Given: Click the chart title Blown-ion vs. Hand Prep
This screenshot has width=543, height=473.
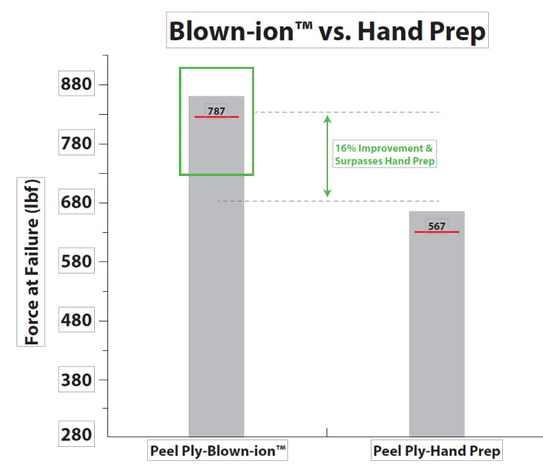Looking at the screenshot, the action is click(x=327, y=31).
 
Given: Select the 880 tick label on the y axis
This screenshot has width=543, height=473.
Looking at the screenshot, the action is click(x=76, y=83).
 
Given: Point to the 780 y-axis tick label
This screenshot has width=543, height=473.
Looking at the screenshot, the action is click(x=76, y=143).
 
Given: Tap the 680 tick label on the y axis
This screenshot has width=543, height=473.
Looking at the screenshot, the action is click(x=76, y=201).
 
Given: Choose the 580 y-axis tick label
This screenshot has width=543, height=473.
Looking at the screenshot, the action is click(x=76, y=261).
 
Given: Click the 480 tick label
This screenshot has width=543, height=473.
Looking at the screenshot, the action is click(x=76, y=320).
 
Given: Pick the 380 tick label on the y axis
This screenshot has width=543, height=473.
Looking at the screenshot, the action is click(x=76, y=380).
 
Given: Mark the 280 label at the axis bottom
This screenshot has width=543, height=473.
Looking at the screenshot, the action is click(x=76, y=434).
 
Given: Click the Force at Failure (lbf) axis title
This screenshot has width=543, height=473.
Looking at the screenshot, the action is click(x=31, y=262).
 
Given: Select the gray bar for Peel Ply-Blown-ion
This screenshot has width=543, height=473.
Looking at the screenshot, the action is click(x=217, y=266).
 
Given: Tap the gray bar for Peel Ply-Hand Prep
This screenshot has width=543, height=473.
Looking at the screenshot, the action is click(x=437, y=323).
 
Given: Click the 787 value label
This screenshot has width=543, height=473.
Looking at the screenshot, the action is click(x=217, y=111).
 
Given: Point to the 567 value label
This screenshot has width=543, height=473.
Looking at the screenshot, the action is click(x=437, y=226).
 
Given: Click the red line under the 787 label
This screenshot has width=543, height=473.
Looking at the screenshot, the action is click(x=217, y=117).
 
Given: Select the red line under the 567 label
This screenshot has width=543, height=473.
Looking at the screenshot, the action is click(x=437, y=231).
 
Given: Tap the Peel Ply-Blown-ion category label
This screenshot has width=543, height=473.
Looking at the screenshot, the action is click(x=218, y=451).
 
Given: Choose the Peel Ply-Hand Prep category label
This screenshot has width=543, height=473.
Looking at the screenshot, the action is click(x=437, y=451).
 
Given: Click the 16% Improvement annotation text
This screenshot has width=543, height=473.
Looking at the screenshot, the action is click(x=384, y=154).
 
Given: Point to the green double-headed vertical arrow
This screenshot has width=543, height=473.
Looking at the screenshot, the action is click(x=327, y=157).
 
